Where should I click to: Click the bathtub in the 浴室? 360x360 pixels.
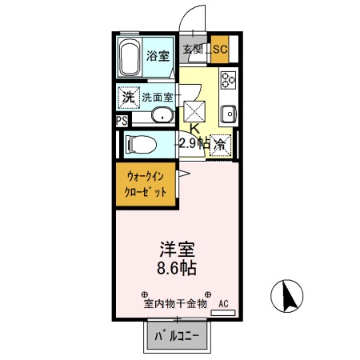131,58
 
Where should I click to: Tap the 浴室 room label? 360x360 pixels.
158,56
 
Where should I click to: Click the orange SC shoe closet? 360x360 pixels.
220,50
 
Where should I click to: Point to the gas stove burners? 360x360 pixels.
227,81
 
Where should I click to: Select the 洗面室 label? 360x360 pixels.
157,98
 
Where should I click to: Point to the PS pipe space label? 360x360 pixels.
121,121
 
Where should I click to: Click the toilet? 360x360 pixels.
142,145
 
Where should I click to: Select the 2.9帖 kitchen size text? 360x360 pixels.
194,144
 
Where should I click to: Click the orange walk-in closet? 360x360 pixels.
146,186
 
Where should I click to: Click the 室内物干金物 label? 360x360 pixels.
175,304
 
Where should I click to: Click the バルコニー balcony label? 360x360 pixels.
178,337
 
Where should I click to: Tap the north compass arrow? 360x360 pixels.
289,298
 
